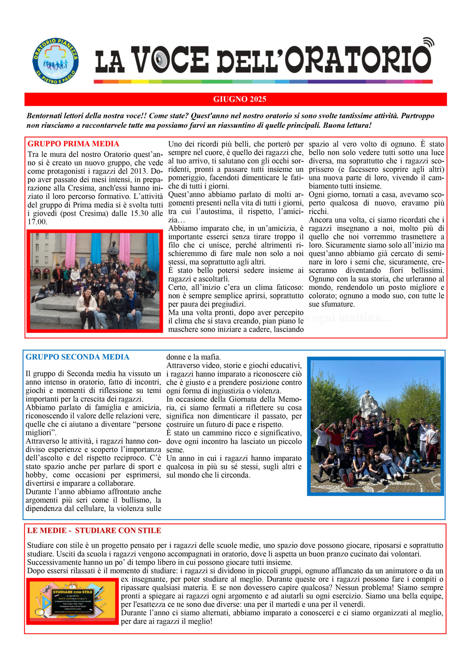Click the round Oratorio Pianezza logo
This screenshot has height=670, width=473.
pyautogui.click(x=55, y=61)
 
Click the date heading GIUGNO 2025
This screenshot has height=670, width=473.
pyautogui.click(x=240, y=99)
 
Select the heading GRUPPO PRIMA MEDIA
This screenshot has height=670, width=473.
pyautogui.click(x=73, y=144)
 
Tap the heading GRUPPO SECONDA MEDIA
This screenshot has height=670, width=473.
pyautogui.click(x=77, y=357)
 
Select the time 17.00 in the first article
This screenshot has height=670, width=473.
pyautogui.click(x=37, y=222)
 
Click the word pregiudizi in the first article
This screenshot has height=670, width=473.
pyautogui.click(x=227, y=304)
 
